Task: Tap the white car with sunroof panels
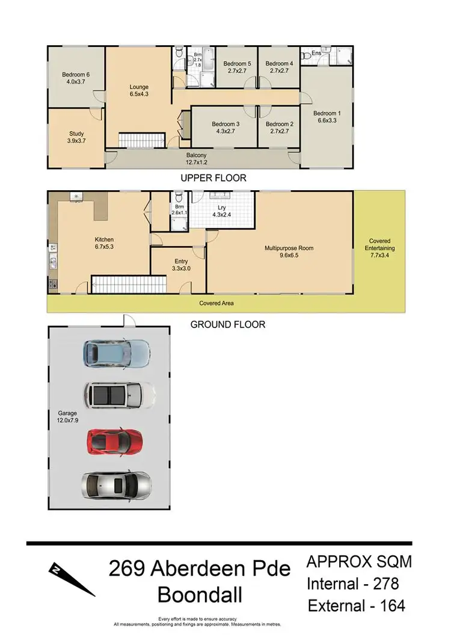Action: point(119,395)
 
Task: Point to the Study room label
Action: point(76,137)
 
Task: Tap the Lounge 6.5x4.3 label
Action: point(138,90)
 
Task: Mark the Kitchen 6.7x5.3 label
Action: point(104,243)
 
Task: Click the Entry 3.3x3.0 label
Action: point(181,265)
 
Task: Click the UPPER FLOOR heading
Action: point(213,178)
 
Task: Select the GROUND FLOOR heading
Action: point(227,324)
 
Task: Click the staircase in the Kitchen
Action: point(128,284)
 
